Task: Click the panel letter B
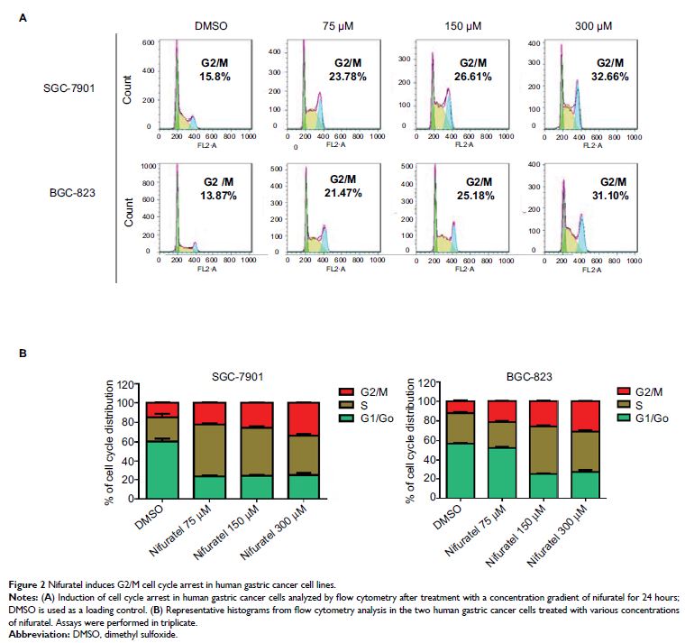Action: [x=23, y=354]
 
